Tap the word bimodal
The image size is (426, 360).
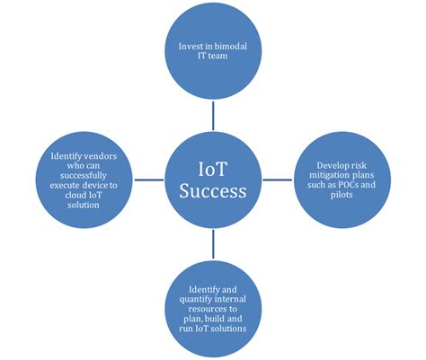(x=234, y=47)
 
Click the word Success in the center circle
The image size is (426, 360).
(x=213, y=192)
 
